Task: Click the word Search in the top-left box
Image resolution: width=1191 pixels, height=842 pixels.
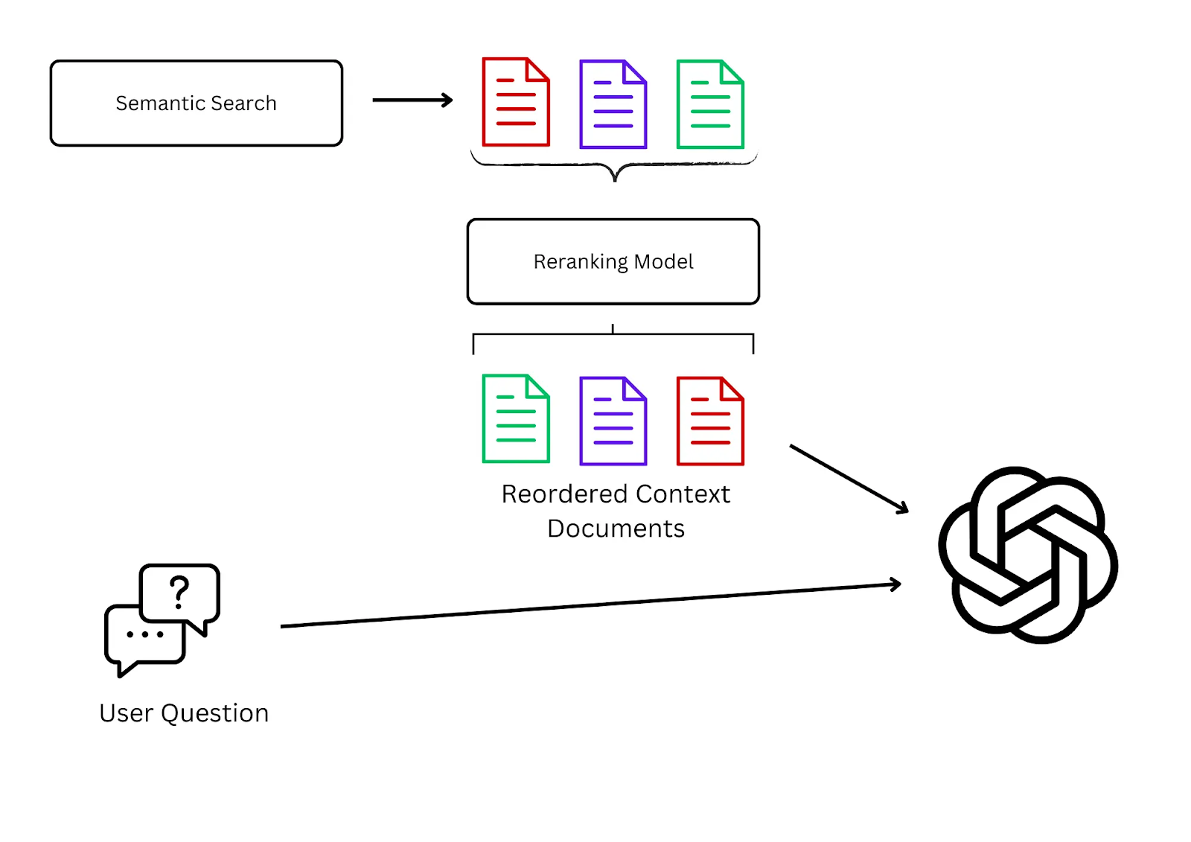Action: [x=243, y=103]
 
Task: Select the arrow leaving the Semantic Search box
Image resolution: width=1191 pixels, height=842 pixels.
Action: [x=412, y=100]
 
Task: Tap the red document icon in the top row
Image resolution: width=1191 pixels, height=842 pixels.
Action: [x=516, y=102]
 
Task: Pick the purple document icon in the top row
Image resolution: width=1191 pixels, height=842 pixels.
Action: [x=613, y=104]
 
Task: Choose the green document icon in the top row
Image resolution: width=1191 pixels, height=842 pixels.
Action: [x=709, y=104]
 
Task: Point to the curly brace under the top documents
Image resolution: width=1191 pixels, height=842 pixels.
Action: [x=614, y=167]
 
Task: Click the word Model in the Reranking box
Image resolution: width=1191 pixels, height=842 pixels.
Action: [x=663, y=262]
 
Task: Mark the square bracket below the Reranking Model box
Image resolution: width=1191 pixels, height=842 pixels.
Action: [x=613, y=336]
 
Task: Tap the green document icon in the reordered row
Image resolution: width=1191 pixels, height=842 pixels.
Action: [x=516, y=419]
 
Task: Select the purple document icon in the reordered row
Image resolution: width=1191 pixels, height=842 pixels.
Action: [x=613, y=421]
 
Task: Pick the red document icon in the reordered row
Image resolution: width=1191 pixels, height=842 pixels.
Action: [x=709, y=421]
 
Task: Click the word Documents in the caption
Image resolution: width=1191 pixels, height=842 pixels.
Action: [x=616, y=529]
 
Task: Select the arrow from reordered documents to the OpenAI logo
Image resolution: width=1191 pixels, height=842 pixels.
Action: [x=849, y=479]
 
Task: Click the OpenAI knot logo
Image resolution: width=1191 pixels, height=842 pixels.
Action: [x=1028, y=555]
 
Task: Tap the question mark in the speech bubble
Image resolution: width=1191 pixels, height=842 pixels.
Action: [x=179, y=592]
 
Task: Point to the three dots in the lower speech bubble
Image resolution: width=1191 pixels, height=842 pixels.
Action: [x=145, y=634]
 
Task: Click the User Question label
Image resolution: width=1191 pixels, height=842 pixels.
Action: [x=184, y=713]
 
